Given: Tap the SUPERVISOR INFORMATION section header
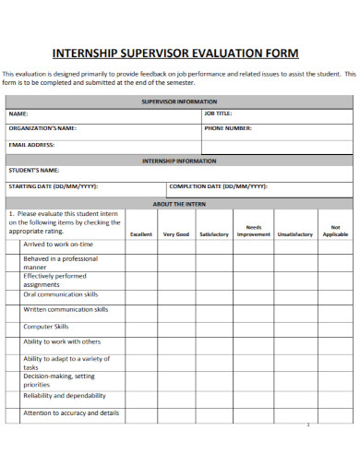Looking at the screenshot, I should (x=179, y=102).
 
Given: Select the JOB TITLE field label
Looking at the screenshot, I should (x=219, y=114).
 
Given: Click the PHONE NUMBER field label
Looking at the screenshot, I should (x=227, y=129).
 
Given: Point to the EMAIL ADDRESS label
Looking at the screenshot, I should (x=31, y=145).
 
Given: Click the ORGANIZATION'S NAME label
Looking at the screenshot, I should (x=42, y=129).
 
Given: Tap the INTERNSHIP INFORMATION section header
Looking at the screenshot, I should (x=179, y=160).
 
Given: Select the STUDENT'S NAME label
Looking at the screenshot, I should (x=34, y=171).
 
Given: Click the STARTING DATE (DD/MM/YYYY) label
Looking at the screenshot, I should (x=53, y=186).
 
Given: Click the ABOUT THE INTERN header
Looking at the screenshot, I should (x=179, y=203).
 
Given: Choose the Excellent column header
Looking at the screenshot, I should (x=141, y=234).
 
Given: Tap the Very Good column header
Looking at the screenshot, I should (x=176, y=234).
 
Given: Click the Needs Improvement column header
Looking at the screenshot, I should (x=254, y=231).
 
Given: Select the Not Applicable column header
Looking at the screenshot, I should (x=335, y=231).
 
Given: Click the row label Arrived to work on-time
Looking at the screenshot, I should (x=58, y=245).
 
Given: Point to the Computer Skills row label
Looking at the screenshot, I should (x=46, y=327).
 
